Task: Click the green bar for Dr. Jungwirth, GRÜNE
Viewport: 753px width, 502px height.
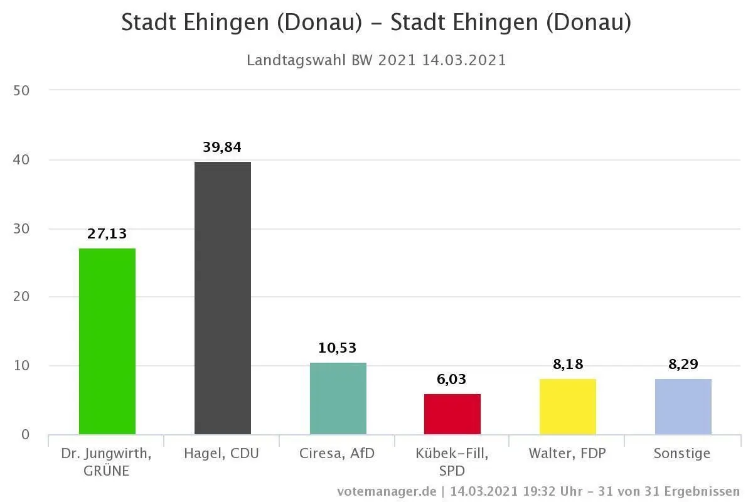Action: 107,341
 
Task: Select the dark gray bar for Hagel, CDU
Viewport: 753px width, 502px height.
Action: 222,298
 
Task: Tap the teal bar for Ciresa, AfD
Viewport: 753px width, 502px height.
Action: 338,398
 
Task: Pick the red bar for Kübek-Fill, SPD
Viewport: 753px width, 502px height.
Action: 452,414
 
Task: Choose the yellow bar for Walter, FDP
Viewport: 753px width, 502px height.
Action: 568,407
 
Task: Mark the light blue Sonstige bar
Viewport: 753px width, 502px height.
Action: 683,407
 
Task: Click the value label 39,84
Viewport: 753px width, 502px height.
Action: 222,147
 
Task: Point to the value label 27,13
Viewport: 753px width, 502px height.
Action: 107,234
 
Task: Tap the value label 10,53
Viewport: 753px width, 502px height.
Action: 338,348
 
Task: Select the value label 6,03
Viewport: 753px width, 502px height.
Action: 452,379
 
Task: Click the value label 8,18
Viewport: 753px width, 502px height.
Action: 568,364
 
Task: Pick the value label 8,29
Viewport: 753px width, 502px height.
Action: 683,364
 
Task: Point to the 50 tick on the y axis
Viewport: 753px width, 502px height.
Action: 21,90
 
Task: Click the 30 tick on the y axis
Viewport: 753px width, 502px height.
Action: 21,229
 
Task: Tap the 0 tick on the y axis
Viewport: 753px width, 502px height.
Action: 25,435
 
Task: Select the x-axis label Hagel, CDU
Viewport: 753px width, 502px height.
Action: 222,453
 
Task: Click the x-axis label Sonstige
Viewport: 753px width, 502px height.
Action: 682,453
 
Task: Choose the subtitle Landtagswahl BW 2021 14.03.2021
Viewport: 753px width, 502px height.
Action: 376,60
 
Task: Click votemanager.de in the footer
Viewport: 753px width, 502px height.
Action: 386,491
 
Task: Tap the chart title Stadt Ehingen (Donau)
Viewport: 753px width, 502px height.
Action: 376,23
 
